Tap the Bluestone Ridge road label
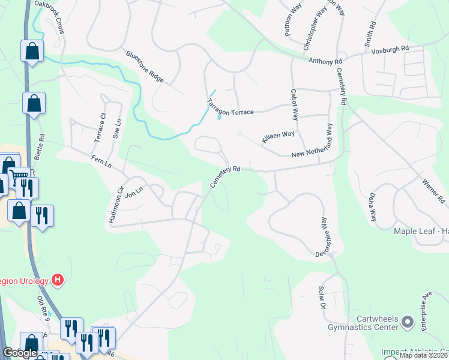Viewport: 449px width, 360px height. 145,67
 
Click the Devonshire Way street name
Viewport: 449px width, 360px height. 325,238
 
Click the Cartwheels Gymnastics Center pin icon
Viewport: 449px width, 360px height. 408,323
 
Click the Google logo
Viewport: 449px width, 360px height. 20,353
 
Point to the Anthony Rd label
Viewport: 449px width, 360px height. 325,61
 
